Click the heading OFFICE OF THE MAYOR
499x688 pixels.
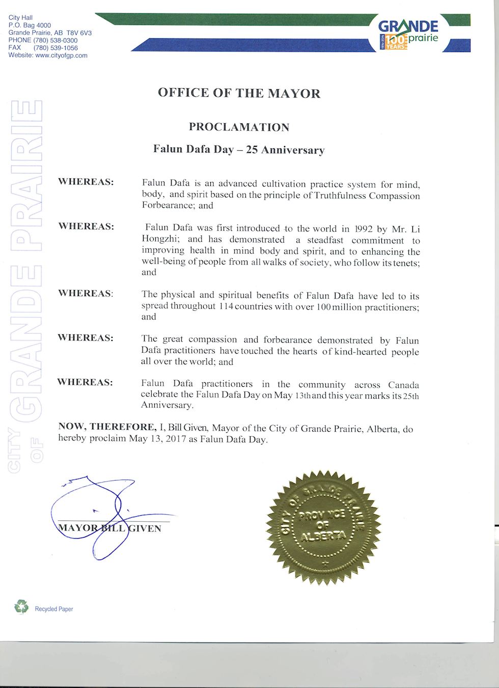[x=239, y=93]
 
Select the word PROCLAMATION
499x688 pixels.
[x=239, y=127]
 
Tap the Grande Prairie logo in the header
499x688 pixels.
[x=408, y=34]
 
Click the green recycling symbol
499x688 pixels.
[x=21, y=606]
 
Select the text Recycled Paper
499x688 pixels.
[x=54, y=609]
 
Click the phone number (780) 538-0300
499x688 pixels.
[x=56, y=40]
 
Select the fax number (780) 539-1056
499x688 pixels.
[x=56, y=48]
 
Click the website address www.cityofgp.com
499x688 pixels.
[x=61, y=56]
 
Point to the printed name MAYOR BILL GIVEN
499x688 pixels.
[x=110, y=528]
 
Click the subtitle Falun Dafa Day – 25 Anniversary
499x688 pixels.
[x=239, y=150]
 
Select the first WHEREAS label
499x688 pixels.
[x=86, y=182]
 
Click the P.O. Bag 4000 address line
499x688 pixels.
[x=30, y=25]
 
